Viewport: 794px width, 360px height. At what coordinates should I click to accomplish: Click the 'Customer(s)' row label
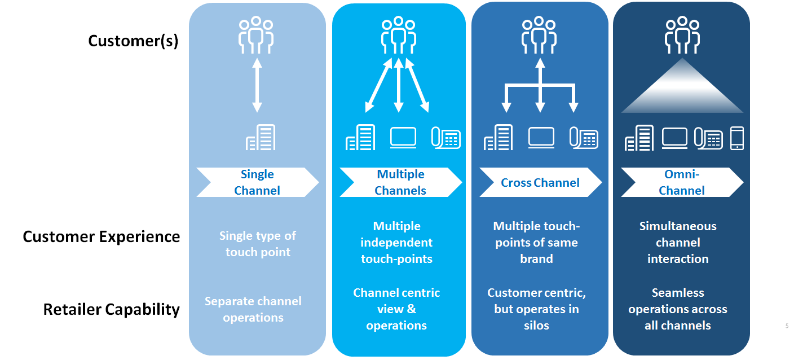click(x=133, y=41)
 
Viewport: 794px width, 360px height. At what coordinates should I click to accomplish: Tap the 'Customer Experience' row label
click(x=102, y=236)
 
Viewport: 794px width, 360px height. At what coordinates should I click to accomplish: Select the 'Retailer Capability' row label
click(x=112, y=309)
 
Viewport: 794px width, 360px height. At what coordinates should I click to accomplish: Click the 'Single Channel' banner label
click(x=257, y=182)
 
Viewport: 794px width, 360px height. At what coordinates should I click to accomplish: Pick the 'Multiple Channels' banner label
click(x=400, y=182)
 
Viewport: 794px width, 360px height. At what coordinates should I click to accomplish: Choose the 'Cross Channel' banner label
click(x=540, y=182)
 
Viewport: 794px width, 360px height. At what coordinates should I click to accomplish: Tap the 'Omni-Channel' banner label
click(x=681, y=182)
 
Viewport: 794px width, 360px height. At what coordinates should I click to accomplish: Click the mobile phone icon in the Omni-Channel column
click(x=737, y=138)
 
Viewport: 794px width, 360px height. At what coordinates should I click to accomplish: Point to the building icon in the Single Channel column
click(x=261, y=138)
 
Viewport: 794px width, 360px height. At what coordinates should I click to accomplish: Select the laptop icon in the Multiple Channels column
click(x=403, y=138)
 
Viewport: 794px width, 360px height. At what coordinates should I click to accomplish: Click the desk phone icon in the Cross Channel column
click(x=584, y=138)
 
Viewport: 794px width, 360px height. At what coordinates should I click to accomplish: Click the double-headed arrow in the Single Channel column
click(x=257, y=85)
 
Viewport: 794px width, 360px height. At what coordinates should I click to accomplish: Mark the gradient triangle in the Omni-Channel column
click(x=682, y=90)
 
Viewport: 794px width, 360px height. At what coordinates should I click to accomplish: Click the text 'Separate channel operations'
click(x=253, y=309)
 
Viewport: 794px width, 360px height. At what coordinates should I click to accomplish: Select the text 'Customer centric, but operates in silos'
click(x=536, y=309)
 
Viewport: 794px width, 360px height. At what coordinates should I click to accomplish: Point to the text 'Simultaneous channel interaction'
click(x=678, y=243)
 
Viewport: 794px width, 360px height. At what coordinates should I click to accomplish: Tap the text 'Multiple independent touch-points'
click(x=396, y=243)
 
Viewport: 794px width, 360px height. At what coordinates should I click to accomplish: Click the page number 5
click(x=787, y=326)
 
